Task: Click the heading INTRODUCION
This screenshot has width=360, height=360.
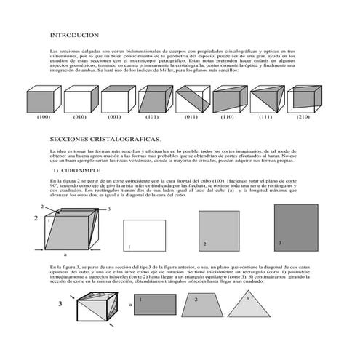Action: point(74,35)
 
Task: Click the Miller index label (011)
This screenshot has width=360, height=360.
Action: point(191,116)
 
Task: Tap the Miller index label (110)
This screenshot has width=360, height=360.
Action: point(228,116)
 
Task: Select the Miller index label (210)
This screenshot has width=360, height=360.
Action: point(303,116)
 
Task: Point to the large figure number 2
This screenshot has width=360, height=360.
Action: point(35,217)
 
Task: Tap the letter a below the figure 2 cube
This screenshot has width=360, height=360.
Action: point(65,255)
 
